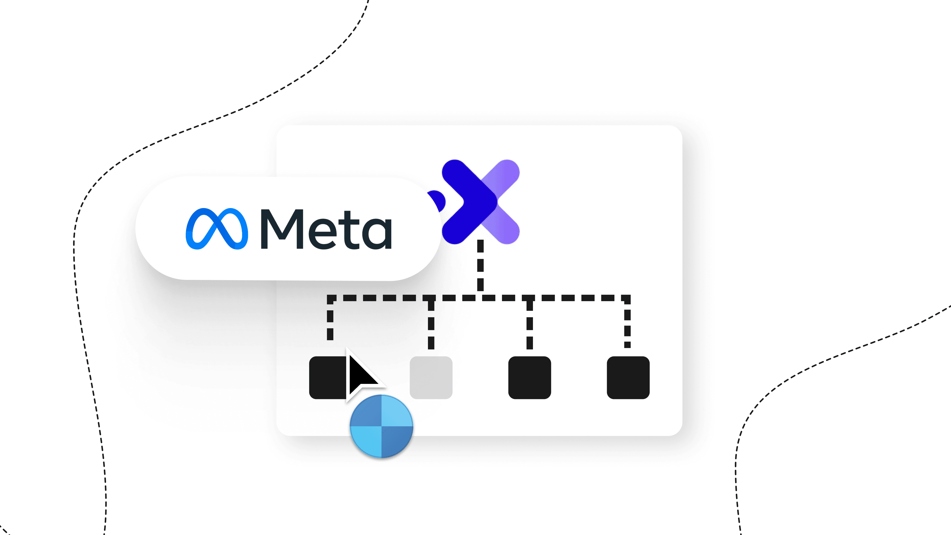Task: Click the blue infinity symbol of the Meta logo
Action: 217,229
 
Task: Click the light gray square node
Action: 431,377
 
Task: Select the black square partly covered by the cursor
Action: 327,377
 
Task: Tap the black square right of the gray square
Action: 529,377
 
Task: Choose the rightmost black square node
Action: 628,377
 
